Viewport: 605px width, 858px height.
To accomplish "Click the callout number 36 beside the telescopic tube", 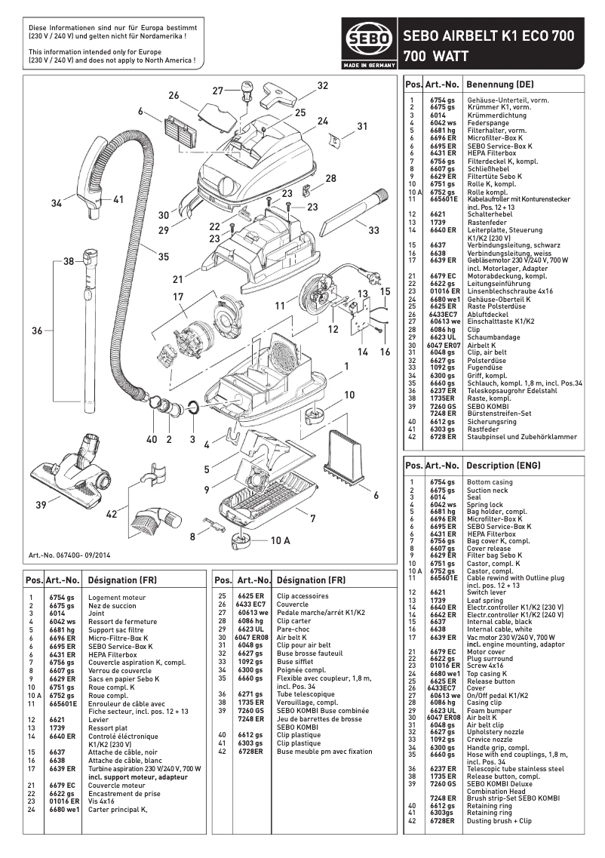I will tap(36, 330).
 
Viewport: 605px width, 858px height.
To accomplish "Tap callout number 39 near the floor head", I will tap(41, 503).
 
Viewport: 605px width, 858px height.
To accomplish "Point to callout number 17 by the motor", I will tap(179, 297).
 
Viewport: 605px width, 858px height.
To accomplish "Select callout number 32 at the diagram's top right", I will tap(323, 86).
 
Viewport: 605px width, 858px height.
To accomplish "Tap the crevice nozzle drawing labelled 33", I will tap(347, 217).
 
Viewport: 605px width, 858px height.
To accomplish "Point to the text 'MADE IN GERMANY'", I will tap(368, 66).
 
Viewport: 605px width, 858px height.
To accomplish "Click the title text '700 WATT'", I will tap(436, 56).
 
